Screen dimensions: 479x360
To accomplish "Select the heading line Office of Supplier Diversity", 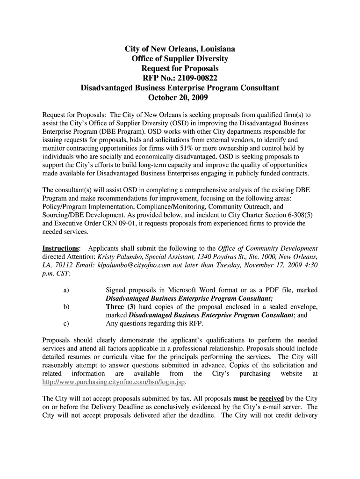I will coord(180,58).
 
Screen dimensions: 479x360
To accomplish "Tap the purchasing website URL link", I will coord(114,382).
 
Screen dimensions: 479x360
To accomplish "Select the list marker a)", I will coord(66,290).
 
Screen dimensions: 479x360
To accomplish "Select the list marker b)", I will coord(66,307).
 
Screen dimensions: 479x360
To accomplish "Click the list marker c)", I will coord(66,323).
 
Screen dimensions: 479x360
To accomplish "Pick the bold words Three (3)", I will coord(121,307).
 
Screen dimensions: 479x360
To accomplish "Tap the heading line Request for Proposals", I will coord(180,68).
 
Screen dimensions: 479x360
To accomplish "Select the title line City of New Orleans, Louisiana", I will coord(180,49).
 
